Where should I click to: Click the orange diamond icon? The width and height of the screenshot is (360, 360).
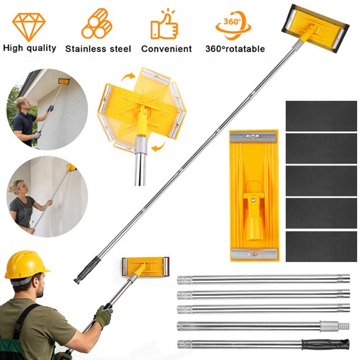pyautogui.click(x=29, y=26)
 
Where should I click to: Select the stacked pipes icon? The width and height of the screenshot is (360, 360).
pyautogui.click(x=97, y=24)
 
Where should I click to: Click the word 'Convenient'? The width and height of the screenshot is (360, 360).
pyautogui.click(x=166, y=49)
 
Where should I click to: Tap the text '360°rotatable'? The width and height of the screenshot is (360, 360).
pyautogui.click(x=235, y=49)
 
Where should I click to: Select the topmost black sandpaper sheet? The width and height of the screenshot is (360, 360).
pyautogui.click(x=321, y=116)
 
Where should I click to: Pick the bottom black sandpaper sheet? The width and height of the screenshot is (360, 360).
pyautogui.click(x=321, y=246)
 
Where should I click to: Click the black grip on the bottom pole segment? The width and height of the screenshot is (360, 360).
pyautogui.click(x=325, y=344)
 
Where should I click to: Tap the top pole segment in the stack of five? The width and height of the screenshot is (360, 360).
pyautogui.click(x=264, y=280)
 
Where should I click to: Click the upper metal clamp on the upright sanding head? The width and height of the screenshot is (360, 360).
pyautogui.click(x=253, y=137)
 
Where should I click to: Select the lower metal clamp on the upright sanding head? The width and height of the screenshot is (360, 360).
pyautogui.click(x=253, y=254)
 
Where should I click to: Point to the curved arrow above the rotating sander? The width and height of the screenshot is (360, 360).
pyautogui.click(x=128, y=77)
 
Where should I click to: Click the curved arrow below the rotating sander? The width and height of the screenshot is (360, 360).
pyautogui.click(x=158, y=147)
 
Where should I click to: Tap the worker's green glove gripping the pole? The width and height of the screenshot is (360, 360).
pyautogui.click(x=103, y=316)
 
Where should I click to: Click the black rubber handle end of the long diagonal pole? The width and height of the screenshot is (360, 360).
pyautogui.click(x=87, y=271)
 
